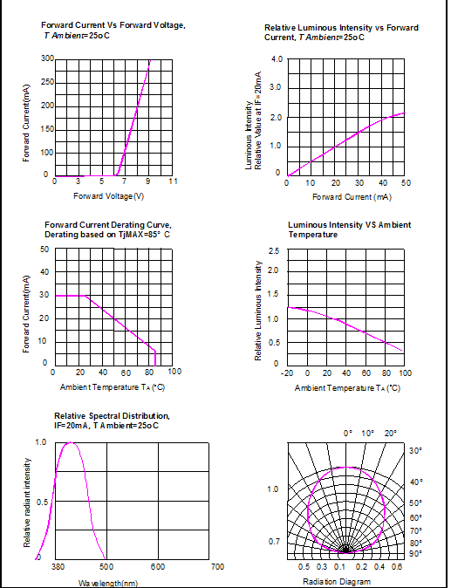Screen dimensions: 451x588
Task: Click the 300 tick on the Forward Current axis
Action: (x=47, y=58)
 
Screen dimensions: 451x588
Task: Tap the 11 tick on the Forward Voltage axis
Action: (x=173, y=181)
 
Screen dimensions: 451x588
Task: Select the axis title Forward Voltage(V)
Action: (x=108, y=196)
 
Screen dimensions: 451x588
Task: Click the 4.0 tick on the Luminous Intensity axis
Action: (x=277, y=59)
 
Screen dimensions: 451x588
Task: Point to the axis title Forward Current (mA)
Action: (x=352, y=197)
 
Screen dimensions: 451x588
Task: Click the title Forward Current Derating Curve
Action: (x=108, y=225)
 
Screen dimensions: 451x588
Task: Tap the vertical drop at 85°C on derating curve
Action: (x=155, y=358)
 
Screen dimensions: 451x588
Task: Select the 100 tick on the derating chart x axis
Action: (x=174, y=372)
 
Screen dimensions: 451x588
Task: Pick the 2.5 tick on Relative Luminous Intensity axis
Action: (x=274, y=250)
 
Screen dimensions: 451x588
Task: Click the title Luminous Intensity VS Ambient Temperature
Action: (x=350, y=229)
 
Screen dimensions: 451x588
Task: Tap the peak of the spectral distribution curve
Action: (x=70, y=442)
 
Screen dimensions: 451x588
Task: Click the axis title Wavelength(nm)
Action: (x=108, y=583)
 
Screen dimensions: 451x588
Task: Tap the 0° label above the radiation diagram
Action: (x=348, y=434)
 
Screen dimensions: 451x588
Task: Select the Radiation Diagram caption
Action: (x=337, y=582)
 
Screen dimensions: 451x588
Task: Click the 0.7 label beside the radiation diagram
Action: (x=274, y=542)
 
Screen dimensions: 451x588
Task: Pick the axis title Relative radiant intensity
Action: (x=27, y=503)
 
